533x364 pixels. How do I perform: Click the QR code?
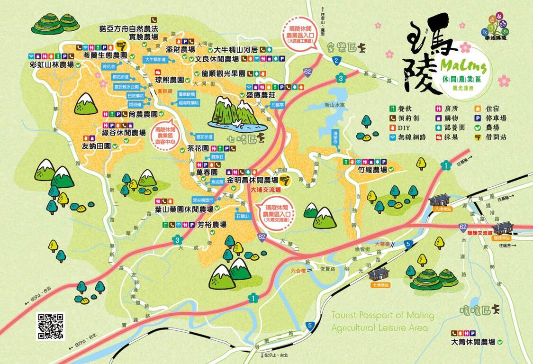click(50, 326)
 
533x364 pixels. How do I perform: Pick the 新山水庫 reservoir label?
click(353, 106)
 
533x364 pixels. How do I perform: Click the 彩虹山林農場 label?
click(51, 65)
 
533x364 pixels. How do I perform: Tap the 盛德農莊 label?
click(261, 95)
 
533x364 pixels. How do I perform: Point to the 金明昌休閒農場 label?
click(252, 180)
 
